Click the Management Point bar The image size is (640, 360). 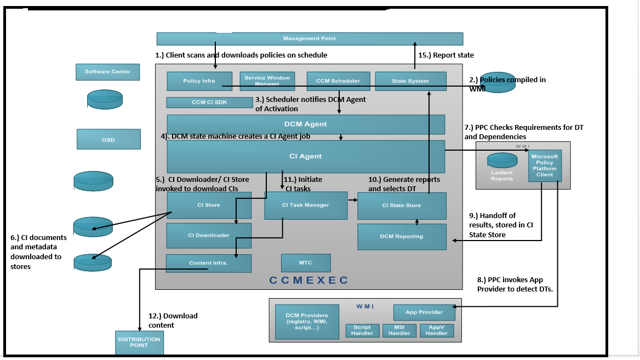[310, 38]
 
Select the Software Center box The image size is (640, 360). [107, 72]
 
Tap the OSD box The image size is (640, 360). [108, 139]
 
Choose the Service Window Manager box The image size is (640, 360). [267, 81]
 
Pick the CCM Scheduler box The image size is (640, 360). [338, 81]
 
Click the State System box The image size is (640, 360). [410, 81]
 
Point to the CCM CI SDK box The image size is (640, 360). [209, 102]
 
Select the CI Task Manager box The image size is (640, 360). [306, 205]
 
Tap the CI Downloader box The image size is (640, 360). [209, 235]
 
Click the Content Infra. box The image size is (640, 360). [208, 263]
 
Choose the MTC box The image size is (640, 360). [305, 263]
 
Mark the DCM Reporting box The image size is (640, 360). [402, 236]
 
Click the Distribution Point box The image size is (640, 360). [139, 342]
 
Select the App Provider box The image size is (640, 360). [424, 312]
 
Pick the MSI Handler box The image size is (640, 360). [399, 330]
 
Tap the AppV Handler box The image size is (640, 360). [437, 330]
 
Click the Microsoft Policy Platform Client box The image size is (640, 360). [545, 165]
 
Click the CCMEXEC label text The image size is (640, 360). [308, 280]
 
